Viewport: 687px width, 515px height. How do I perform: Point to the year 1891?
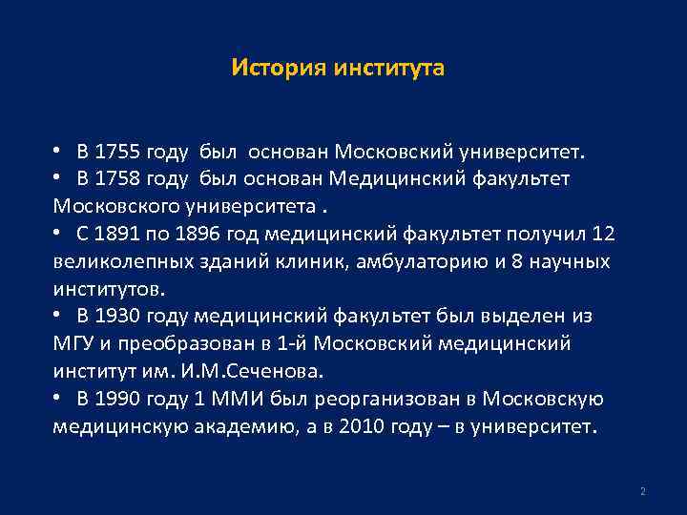(120, 235)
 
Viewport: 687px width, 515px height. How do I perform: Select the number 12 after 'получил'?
(603, 235)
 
